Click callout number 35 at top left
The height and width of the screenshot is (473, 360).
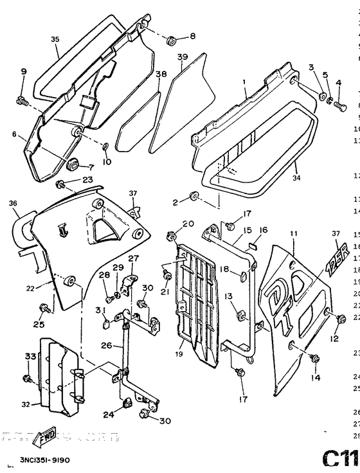pyautogui.click(x=55, y=39)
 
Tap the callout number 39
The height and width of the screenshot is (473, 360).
pyautogui.click(x=182, y=57)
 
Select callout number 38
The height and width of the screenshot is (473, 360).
pyautogui.click(x=160, y=75)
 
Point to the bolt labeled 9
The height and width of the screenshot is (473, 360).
pyautogui.click(x=21, y=100)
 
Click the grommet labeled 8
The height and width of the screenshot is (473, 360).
pyautogui.click(x=170, y=41)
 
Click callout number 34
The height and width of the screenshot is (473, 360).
pyautogui.click(x=296, y=171)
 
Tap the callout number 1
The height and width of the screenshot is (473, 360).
pyautogui.click(x=244, y=82)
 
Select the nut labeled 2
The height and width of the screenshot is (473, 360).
pyautogui.click(x=193, y=195)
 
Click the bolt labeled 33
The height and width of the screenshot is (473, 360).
pyautogui.click(x=26, y=378)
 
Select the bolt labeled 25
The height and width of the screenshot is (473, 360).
pyautogui.click(x=45, y=309)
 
